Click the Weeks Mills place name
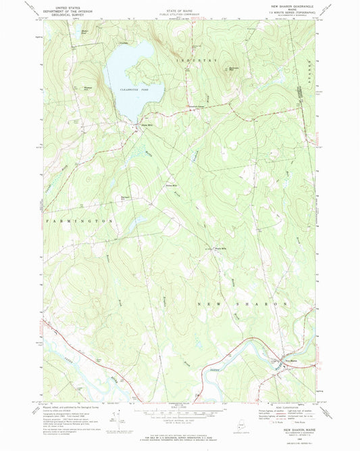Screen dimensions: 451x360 pos(219,249)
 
